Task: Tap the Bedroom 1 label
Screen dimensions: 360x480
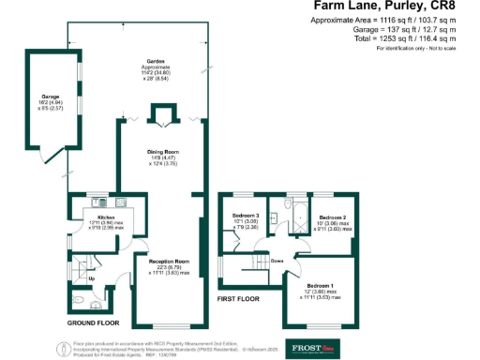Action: click(322, 286)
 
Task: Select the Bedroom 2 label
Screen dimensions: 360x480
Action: click(332, 217)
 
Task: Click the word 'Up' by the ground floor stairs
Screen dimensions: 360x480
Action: click(91, 278)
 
